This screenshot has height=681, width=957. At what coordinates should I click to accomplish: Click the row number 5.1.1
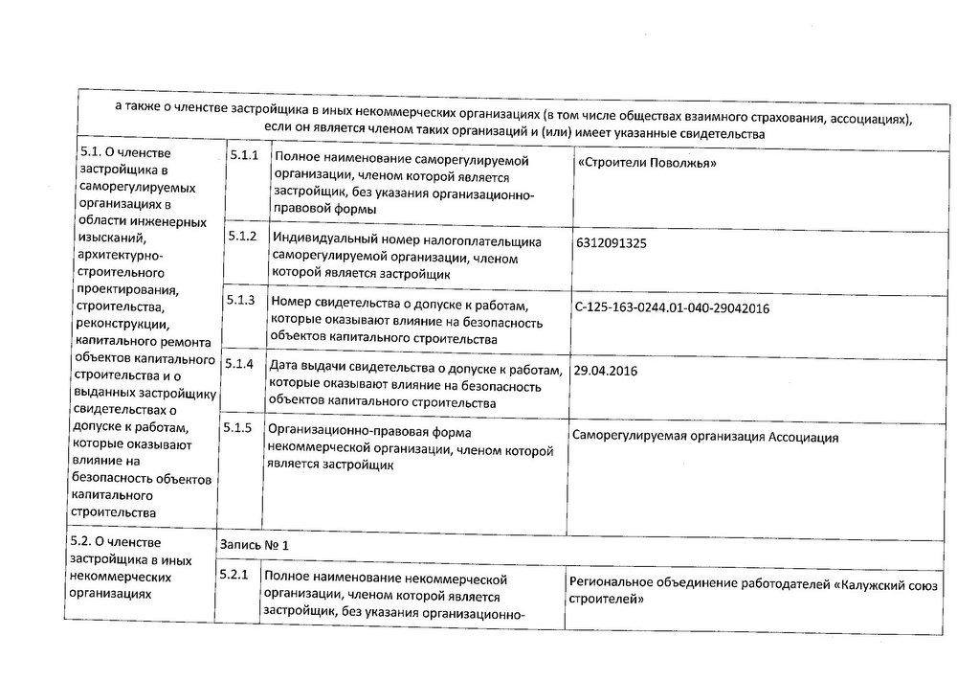click(243, 155)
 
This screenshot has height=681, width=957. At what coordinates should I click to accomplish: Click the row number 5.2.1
click(234, 576)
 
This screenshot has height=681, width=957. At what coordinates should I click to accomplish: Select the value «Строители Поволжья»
click(648, 164)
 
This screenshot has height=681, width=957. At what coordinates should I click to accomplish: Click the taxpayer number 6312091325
click(612, 243)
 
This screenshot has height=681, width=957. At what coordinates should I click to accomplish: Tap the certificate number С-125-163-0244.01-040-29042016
click(673, 308)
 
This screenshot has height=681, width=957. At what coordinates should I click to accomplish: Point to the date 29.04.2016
click(604, 371)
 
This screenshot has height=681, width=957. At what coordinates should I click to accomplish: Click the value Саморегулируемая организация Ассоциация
click(704, 438)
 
